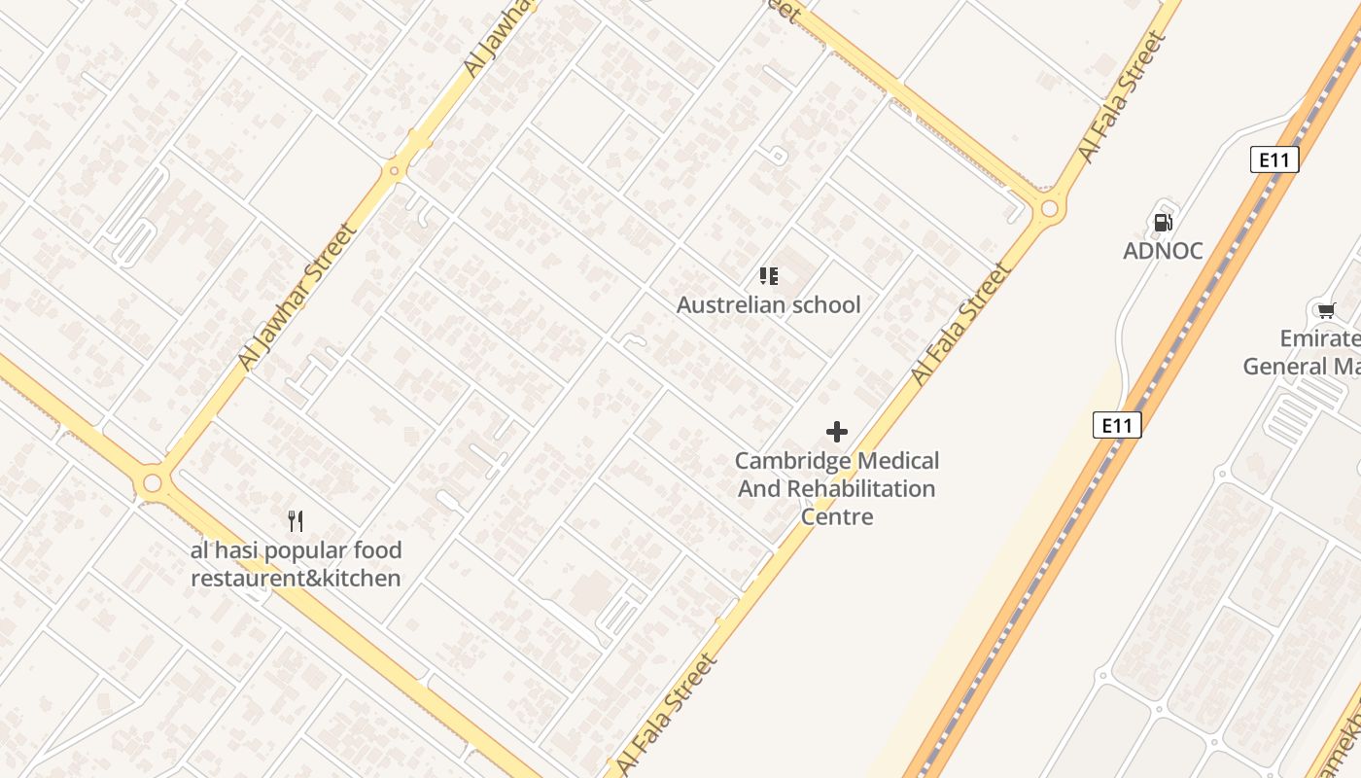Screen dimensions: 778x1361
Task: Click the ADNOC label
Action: (1163, 251)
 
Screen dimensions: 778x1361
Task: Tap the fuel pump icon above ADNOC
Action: (1163, 223)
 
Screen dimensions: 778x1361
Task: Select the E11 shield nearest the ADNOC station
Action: (1274, 159)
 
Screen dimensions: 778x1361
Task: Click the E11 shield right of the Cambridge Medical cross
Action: (1116, 425)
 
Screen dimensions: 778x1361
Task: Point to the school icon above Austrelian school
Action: (769, 276)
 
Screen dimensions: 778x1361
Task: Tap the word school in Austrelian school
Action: (825, 305)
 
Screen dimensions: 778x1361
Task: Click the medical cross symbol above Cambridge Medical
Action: (836, 432)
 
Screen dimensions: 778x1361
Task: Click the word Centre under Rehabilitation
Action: (836, 516)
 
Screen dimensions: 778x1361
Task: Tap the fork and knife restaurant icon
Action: (296, 521)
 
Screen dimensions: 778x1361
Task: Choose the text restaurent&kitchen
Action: (296, 579)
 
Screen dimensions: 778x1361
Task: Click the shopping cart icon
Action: (1326, 310)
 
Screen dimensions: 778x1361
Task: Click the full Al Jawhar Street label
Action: (297, 297)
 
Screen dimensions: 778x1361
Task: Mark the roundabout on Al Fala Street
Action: (1049, 208)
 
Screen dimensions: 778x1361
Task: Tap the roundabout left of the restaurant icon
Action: (152, 483)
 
